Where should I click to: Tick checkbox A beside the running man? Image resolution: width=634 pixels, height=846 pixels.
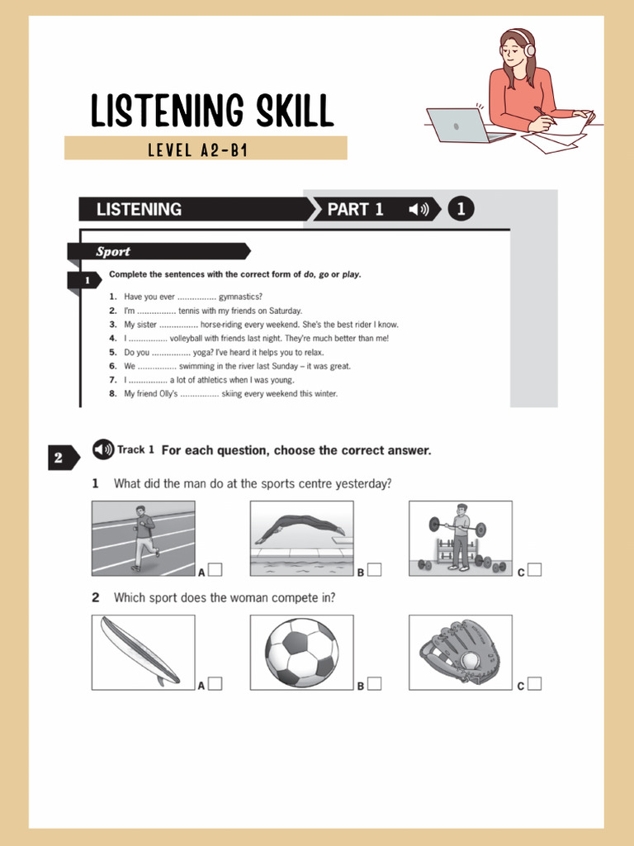[x=215, y=569]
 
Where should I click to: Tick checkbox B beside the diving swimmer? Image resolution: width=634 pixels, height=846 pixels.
[x=374, y=569]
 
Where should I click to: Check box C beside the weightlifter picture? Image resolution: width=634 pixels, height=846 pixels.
[x=534, y=569]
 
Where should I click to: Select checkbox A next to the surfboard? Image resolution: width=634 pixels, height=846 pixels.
[x=215, y=683]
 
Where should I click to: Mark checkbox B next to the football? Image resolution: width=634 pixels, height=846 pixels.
[x=374, y=683]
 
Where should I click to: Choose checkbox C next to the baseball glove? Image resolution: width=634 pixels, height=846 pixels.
[x=534, y=683]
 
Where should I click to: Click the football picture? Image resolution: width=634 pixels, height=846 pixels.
[x=301, y=652]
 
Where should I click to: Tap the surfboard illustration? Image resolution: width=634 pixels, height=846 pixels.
[x=140, y=651]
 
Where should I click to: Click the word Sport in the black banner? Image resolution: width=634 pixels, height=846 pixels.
[x=113, y=252]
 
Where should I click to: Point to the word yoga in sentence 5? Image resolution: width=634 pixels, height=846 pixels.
[x=202, y=352]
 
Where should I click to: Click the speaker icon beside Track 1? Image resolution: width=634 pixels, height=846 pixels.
[x=103, y=449]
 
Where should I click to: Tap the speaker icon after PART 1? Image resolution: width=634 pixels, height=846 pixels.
[x=419, y=210]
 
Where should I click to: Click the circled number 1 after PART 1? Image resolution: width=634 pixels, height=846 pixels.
[x=461, y=210]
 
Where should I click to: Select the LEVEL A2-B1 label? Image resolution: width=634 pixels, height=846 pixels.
[x=198, y=150]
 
